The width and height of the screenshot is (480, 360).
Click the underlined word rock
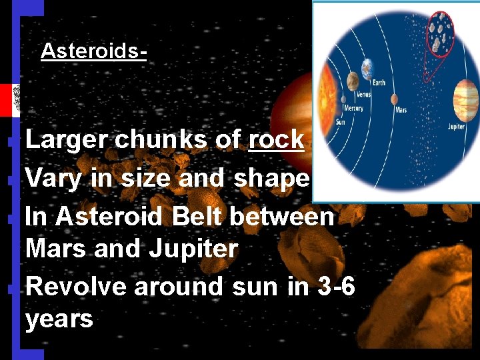click(x=276, y=140)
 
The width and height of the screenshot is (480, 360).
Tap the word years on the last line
click(x=59, y=319)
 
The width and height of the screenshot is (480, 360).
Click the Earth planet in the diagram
click(x=367, y=69)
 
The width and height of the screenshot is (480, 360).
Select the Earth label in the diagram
click(x=379, y=83)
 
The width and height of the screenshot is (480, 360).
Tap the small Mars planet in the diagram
click(x=394, y=99)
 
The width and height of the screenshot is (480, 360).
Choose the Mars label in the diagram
click(x=401, y=110)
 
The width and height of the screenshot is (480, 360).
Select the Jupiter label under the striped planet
click(x=456, y=127)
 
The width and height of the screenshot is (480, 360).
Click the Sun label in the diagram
click(x=340, y=122)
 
